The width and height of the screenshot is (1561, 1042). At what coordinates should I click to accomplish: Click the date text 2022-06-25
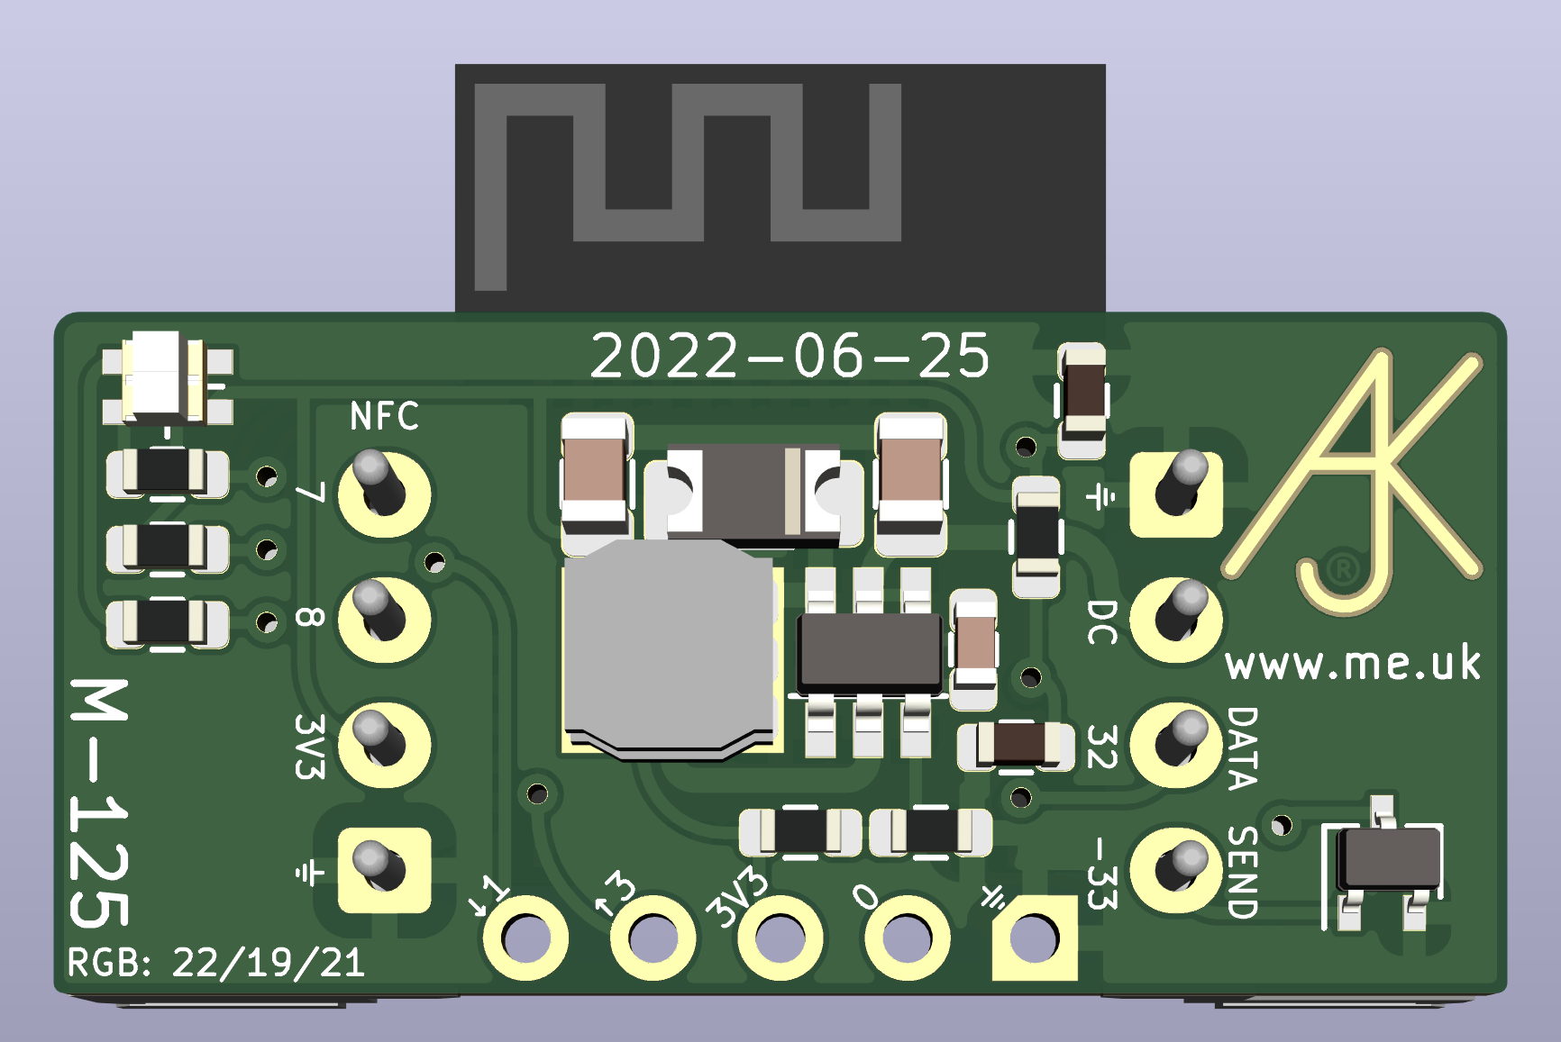tap(790, 357)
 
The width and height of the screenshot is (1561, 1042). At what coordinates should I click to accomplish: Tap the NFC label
tap(385, 417)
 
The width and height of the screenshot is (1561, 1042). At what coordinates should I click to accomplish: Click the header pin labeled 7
tap(384, 494)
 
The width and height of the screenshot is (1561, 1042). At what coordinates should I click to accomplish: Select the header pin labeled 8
tap(384, 620)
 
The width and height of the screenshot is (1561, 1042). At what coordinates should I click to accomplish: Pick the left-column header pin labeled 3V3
tap(384, 745)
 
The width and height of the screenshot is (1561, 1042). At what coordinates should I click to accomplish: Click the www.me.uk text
tap(1353, 665)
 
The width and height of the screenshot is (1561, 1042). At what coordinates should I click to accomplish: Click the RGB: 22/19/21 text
tap(216, 964)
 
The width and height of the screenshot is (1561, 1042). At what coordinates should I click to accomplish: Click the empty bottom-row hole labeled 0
tap(907, 938)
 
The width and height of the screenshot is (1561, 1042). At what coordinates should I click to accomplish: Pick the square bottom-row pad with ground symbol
tap(1034, 938)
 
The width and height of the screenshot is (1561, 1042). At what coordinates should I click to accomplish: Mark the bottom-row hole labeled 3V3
tap(780, 938)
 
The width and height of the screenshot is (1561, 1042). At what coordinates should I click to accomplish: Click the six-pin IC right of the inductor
tap(869, 654)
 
